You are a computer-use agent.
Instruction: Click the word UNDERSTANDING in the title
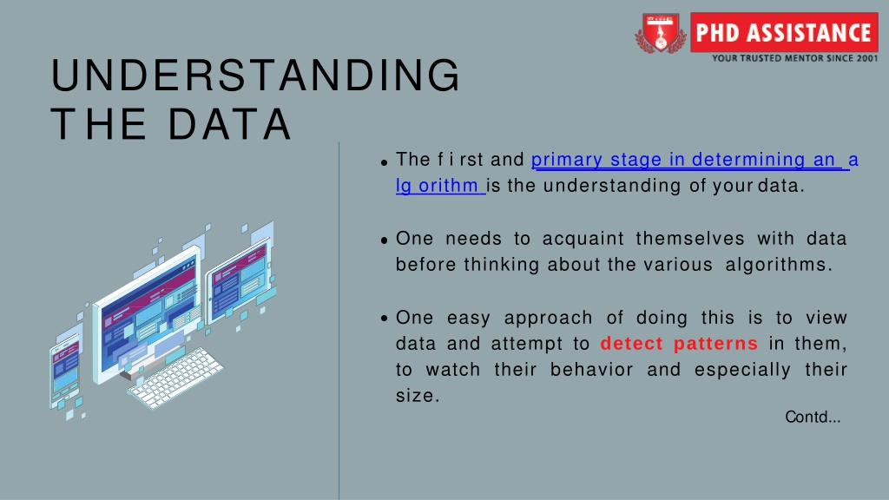coord(255,75)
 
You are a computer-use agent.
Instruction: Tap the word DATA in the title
coord(230,124)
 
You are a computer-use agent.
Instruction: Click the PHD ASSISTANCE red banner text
coord(783,33)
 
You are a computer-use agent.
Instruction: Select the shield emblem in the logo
coord(660,33)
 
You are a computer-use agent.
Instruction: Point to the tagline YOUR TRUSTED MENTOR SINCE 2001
coord(795,58)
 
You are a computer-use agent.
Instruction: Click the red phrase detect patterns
coord(679,344)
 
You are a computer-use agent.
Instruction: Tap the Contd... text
coord(813,418)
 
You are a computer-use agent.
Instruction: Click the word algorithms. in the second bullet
coord(779,265)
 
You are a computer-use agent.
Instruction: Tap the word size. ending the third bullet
coord(418,396)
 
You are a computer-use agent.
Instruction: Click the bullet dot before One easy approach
coord(385,319)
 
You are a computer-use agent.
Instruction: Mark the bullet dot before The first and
coord(385,162)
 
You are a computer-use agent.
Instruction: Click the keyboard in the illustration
coord(175,378)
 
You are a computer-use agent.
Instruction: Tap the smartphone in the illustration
coord(64,371)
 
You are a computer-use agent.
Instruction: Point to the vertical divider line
coord(339,321)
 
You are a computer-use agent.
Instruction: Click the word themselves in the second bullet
coord(690,239)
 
